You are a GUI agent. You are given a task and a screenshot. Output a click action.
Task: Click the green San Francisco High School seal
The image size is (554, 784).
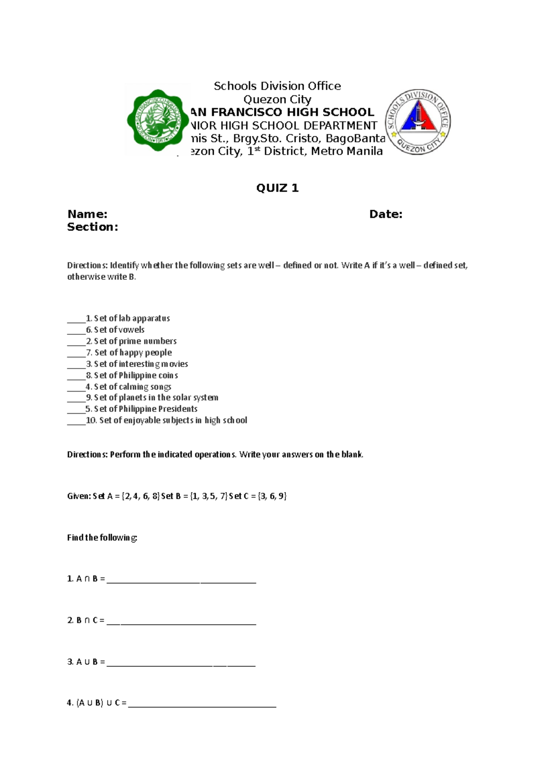click(x=158, y=121)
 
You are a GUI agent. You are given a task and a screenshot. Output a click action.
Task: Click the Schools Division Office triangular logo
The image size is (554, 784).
click(x=418, y=122)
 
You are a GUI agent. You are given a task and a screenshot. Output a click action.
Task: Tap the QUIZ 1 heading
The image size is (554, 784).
click(x=277, y=188)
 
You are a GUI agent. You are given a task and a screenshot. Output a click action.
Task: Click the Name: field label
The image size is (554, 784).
click(x=87, y=214)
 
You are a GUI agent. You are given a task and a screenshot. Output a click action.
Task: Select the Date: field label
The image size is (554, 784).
click(x=385, y=214)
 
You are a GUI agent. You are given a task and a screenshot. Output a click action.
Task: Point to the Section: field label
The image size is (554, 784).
click(x=92, y=227)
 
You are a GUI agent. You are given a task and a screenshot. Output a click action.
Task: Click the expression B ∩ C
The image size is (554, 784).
click(x=86, y=621)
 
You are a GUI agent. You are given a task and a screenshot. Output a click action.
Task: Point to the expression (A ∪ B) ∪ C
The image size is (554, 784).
click(x=96, y=703)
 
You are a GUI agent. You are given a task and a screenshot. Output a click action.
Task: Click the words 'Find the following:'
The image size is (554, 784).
click(x=102, y=537)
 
